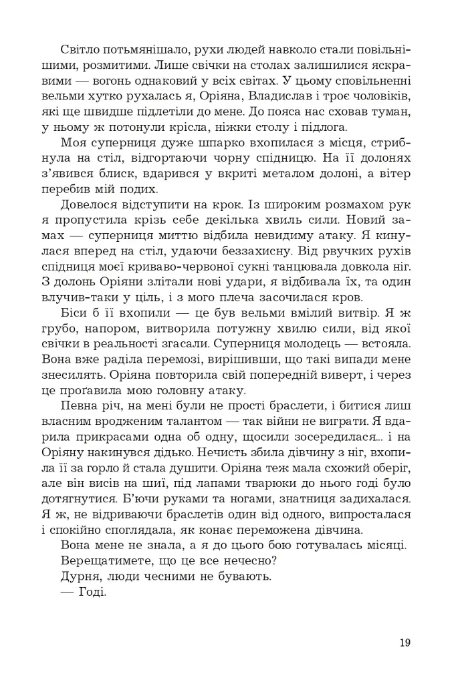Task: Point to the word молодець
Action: coord(320,343)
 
